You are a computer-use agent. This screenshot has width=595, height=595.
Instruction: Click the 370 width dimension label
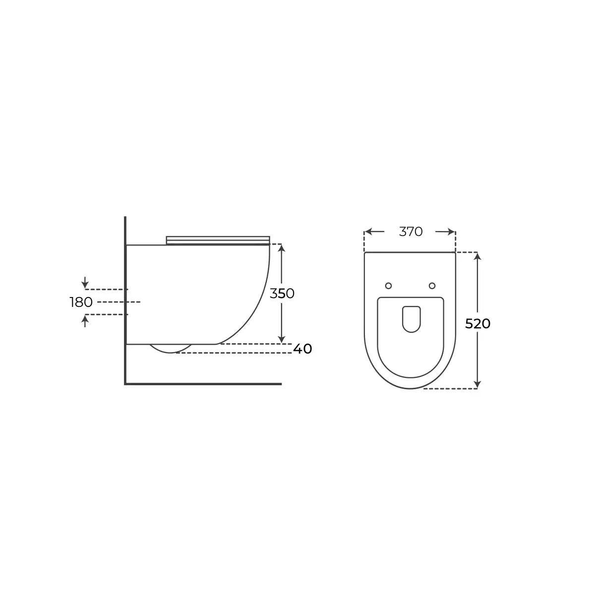pos(411,232)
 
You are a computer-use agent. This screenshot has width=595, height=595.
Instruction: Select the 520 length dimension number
pos(477,324)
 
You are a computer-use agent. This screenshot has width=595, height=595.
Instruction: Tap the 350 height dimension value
pos(282,294)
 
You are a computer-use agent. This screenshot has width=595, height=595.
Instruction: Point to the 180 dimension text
pos(81,302)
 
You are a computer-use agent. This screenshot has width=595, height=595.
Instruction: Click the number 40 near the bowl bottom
pos(302,349)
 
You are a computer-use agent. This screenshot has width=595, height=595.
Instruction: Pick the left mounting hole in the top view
pos(388,286)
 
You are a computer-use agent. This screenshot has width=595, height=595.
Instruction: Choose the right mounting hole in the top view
pos(432,286)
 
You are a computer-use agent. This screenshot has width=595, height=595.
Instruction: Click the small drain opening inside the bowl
pos(411,319)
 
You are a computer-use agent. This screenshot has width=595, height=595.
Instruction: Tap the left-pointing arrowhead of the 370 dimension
pos(368,232)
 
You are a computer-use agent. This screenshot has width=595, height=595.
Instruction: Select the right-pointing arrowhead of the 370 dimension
pos(451,232)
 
